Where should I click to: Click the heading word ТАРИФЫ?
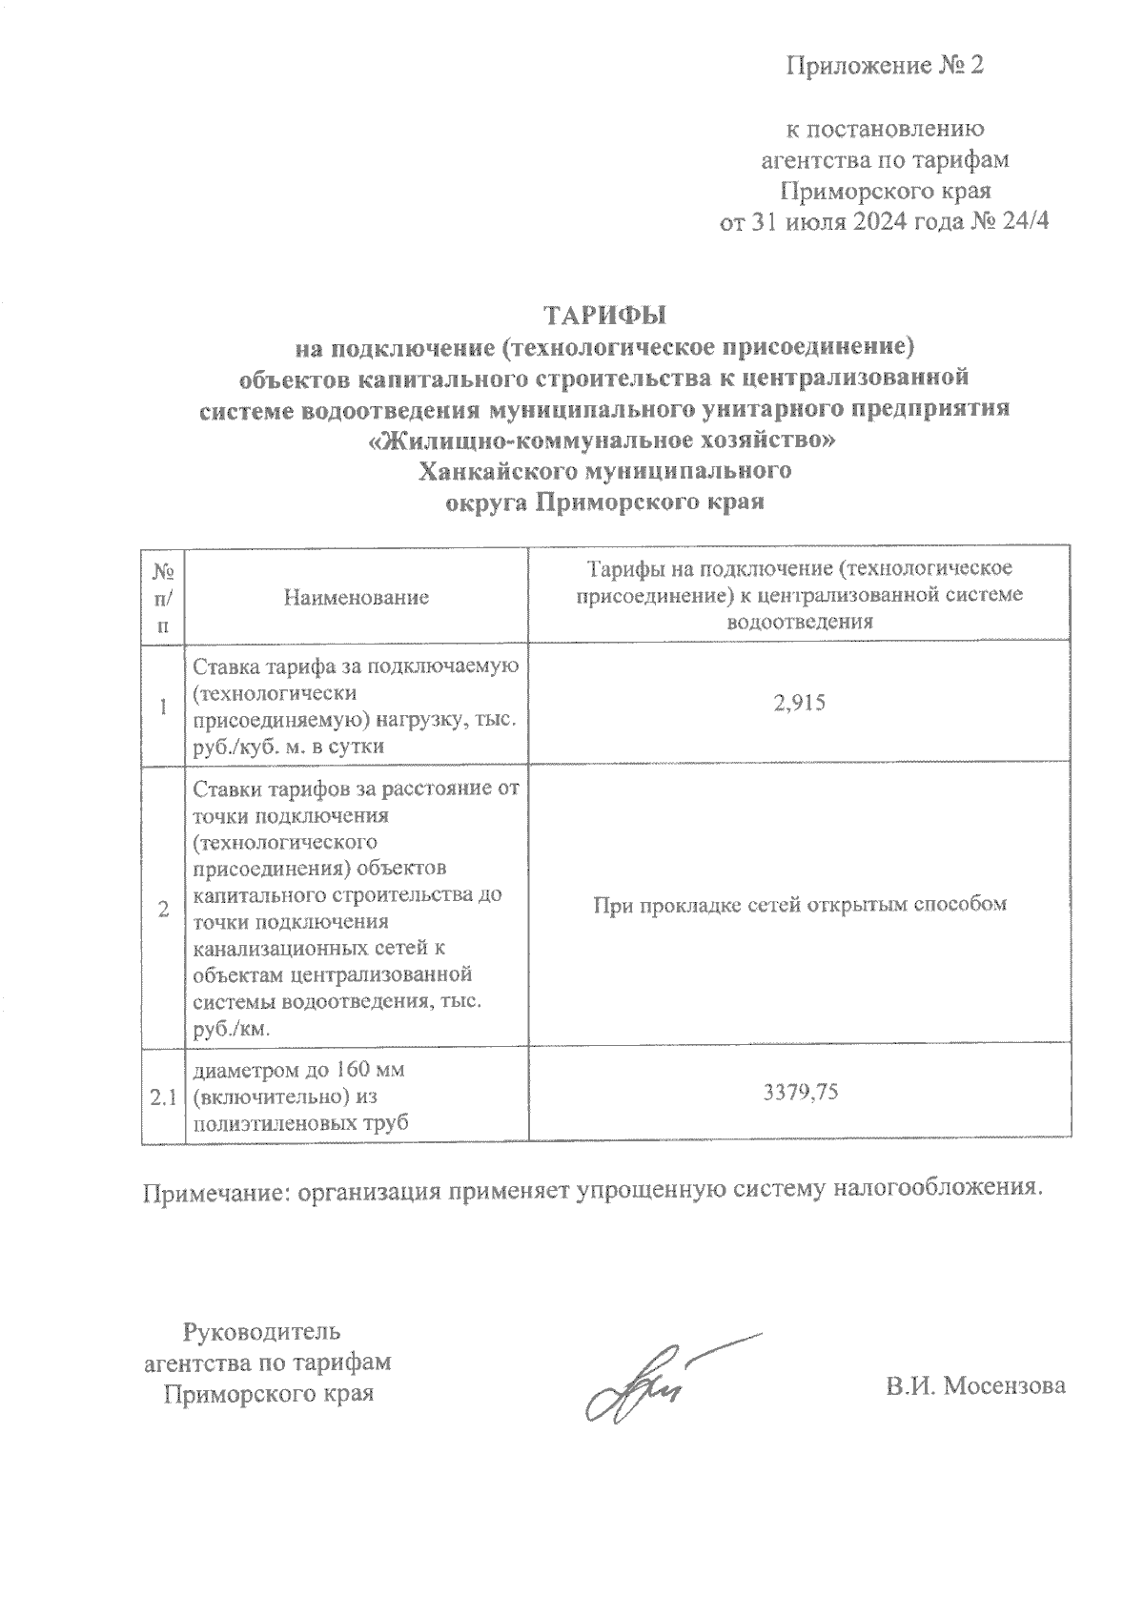point(604,316)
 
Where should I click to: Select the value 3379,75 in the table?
point(800,1093)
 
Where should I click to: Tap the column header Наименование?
point(356,598)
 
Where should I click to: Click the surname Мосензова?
point(1005,1386)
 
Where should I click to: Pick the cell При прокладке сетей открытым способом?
point(800,904)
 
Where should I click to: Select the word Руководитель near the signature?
point(261,1331)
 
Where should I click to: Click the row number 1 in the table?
point(163,706)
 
